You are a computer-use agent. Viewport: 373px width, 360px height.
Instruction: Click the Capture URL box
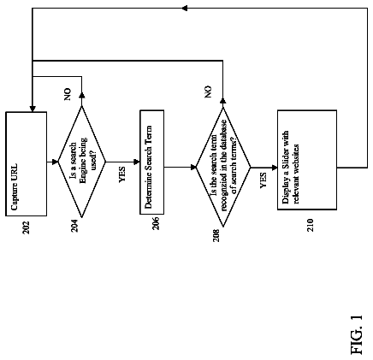tap(26, 164)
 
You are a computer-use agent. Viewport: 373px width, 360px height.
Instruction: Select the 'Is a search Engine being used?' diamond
tap(82, 162)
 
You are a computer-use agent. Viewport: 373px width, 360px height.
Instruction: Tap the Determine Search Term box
tap(151, 162)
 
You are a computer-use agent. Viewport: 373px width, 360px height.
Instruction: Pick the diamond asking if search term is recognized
tap(223, 167)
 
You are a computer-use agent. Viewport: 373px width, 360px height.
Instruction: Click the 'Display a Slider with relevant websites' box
tap(307, 160)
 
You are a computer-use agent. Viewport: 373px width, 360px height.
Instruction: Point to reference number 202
tap(27, 227)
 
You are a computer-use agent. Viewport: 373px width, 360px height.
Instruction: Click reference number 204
tap(74, 226)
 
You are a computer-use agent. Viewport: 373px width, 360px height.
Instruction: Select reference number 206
tap(156, 223)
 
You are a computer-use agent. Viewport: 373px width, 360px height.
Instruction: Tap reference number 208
tap(216, 235)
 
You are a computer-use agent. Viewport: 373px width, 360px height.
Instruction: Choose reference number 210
tap(311, 225)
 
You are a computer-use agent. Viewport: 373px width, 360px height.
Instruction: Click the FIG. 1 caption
tap(357, 334)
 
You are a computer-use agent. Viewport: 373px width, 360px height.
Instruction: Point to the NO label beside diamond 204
tap(68, 94)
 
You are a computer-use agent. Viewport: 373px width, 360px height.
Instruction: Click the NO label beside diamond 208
tap(209, 91)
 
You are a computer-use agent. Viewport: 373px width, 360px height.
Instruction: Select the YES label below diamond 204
tap(121, 174)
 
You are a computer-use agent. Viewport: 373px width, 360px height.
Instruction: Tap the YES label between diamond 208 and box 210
tap(263, 180)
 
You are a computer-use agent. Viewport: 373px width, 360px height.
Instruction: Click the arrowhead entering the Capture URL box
tap(33, 109)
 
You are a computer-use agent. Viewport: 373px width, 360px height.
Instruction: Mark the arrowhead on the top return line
tap(185, 9)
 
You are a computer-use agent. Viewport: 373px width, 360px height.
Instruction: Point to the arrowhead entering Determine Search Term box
tap(137, 162)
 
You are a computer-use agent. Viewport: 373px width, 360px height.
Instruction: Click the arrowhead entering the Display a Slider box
tap(275, 168)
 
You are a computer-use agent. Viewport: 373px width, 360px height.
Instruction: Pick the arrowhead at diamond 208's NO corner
tap(223, 101)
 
